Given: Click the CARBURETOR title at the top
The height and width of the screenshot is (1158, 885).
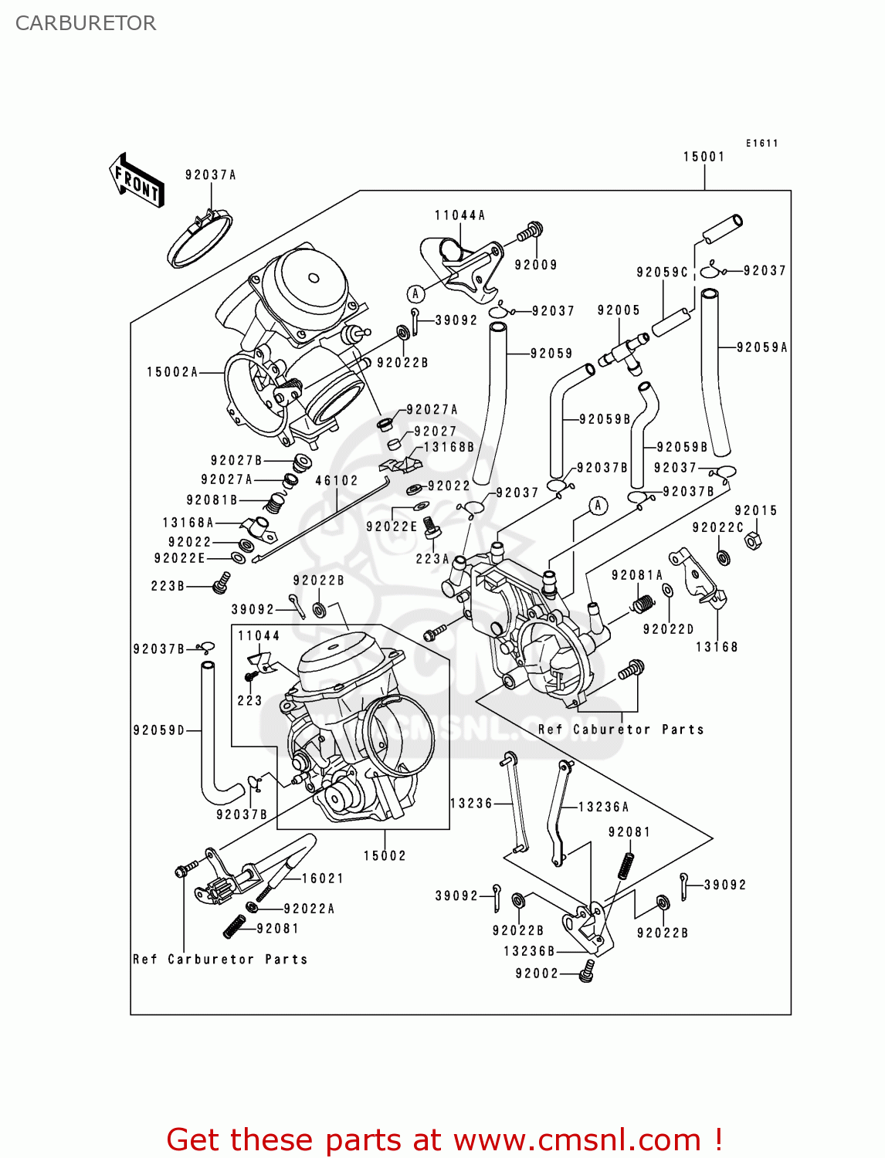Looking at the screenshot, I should (x=86, y=23).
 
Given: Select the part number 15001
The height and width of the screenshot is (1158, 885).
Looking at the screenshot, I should (x=704, y=157).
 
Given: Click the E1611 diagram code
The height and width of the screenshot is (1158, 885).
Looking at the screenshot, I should (x=761, y=144).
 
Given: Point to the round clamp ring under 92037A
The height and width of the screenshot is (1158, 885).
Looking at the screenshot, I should (x=199, y=240).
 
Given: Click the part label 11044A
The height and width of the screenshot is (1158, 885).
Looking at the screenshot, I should (x=459, y=215).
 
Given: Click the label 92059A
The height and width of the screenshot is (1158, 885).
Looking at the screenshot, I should (x=761, y=347).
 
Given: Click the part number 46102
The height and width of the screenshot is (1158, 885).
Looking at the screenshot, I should (x=337, y=480).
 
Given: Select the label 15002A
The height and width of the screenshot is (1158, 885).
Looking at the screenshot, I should (x=172, y=372).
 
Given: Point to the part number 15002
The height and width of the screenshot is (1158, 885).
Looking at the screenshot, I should (x=385, y=855).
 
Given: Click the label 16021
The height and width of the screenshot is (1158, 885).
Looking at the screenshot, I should (x=322, y=879).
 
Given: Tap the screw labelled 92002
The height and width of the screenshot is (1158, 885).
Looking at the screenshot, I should (x=588, y=970).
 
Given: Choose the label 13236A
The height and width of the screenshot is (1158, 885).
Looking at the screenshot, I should (x=603, y=807).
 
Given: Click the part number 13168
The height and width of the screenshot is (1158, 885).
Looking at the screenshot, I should (x=717, y=647).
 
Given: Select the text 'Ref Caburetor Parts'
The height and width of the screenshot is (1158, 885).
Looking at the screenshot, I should (x=621, y=730).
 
